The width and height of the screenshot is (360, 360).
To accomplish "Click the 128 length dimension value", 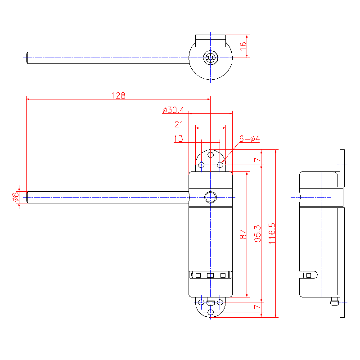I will click(x=118, y=95).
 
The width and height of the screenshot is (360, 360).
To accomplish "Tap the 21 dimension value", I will click(x=179, y=125).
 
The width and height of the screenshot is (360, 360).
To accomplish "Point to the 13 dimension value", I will click(x=178, y=139).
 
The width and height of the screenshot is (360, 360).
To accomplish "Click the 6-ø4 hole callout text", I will click(x=249, y=139).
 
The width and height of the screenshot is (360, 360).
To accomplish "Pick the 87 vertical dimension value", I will click(x=243, y=234).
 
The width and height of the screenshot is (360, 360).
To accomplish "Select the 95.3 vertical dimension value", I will click(x=257, y=234).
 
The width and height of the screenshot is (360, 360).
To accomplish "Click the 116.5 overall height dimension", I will click(x=271, y=233).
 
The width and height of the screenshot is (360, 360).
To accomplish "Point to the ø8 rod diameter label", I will click(x=15, y=196).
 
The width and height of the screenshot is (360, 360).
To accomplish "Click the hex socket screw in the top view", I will click(x=211, y=58).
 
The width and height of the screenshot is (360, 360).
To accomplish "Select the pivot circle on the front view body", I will click(x=210, y=197).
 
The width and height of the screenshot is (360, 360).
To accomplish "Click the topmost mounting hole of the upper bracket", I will click(x=211, y=155).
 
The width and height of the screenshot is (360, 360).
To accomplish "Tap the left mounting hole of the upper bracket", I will click(x=201, y=165).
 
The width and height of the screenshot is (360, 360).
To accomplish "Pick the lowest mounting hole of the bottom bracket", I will click(x=211, y=312).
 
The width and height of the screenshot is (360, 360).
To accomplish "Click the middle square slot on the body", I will click(x=210, y=274).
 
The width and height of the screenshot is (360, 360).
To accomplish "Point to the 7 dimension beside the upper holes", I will click(x=257, y=160).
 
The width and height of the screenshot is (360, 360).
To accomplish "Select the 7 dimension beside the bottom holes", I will click(x=257, y=307).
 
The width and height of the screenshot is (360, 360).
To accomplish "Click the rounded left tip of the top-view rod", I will click(x=27, y=58).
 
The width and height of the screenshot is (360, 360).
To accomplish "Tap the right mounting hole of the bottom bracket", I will click(x=220, y=301).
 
